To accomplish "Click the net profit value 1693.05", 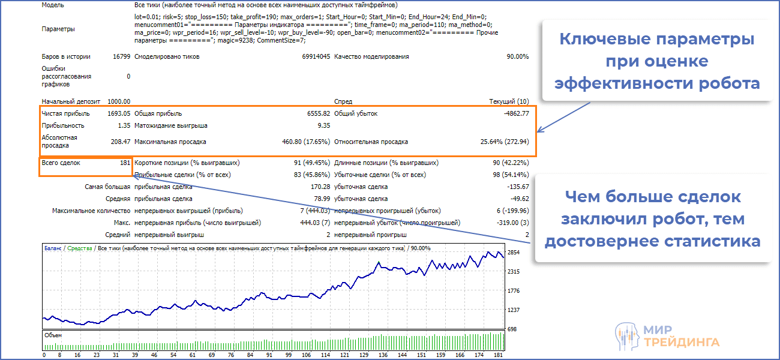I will (118, 113).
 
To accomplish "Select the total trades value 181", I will (124, 163).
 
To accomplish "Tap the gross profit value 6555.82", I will (317, 113).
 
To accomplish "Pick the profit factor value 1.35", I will (124, 126).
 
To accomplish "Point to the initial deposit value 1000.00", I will (118, 102).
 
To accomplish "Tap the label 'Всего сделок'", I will (61, 163).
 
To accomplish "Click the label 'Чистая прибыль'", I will (66, 113).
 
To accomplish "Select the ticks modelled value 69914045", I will (316, 56).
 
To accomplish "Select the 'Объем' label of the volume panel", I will (53, 335).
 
